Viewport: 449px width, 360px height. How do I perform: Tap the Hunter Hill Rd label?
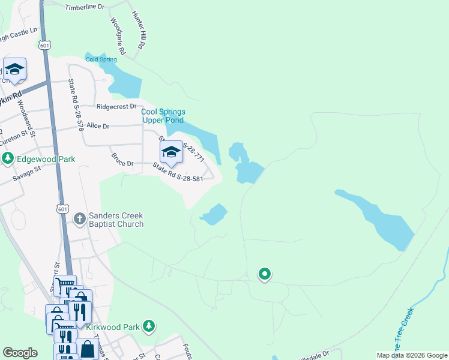point(139,30)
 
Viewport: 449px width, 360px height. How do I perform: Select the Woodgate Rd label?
point(118,36)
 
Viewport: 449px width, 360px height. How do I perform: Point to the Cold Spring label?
point(100,59)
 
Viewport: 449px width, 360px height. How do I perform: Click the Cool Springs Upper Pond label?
point(163,116)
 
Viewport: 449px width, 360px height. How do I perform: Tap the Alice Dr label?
point(98,126)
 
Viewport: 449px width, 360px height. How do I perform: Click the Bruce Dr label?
point(122,160)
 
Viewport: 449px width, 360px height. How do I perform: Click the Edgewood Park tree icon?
point(8,158)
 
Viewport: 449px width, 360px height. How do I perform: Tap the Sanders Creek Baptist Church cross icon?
point(80,219)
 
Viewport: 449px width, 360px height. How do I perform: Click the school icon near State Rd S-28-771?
point(171,152)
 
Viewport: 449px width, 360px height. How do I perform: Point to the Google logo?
point(20,353)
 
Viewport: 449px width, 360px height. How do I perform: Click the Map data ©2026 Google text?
point(411,355)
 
